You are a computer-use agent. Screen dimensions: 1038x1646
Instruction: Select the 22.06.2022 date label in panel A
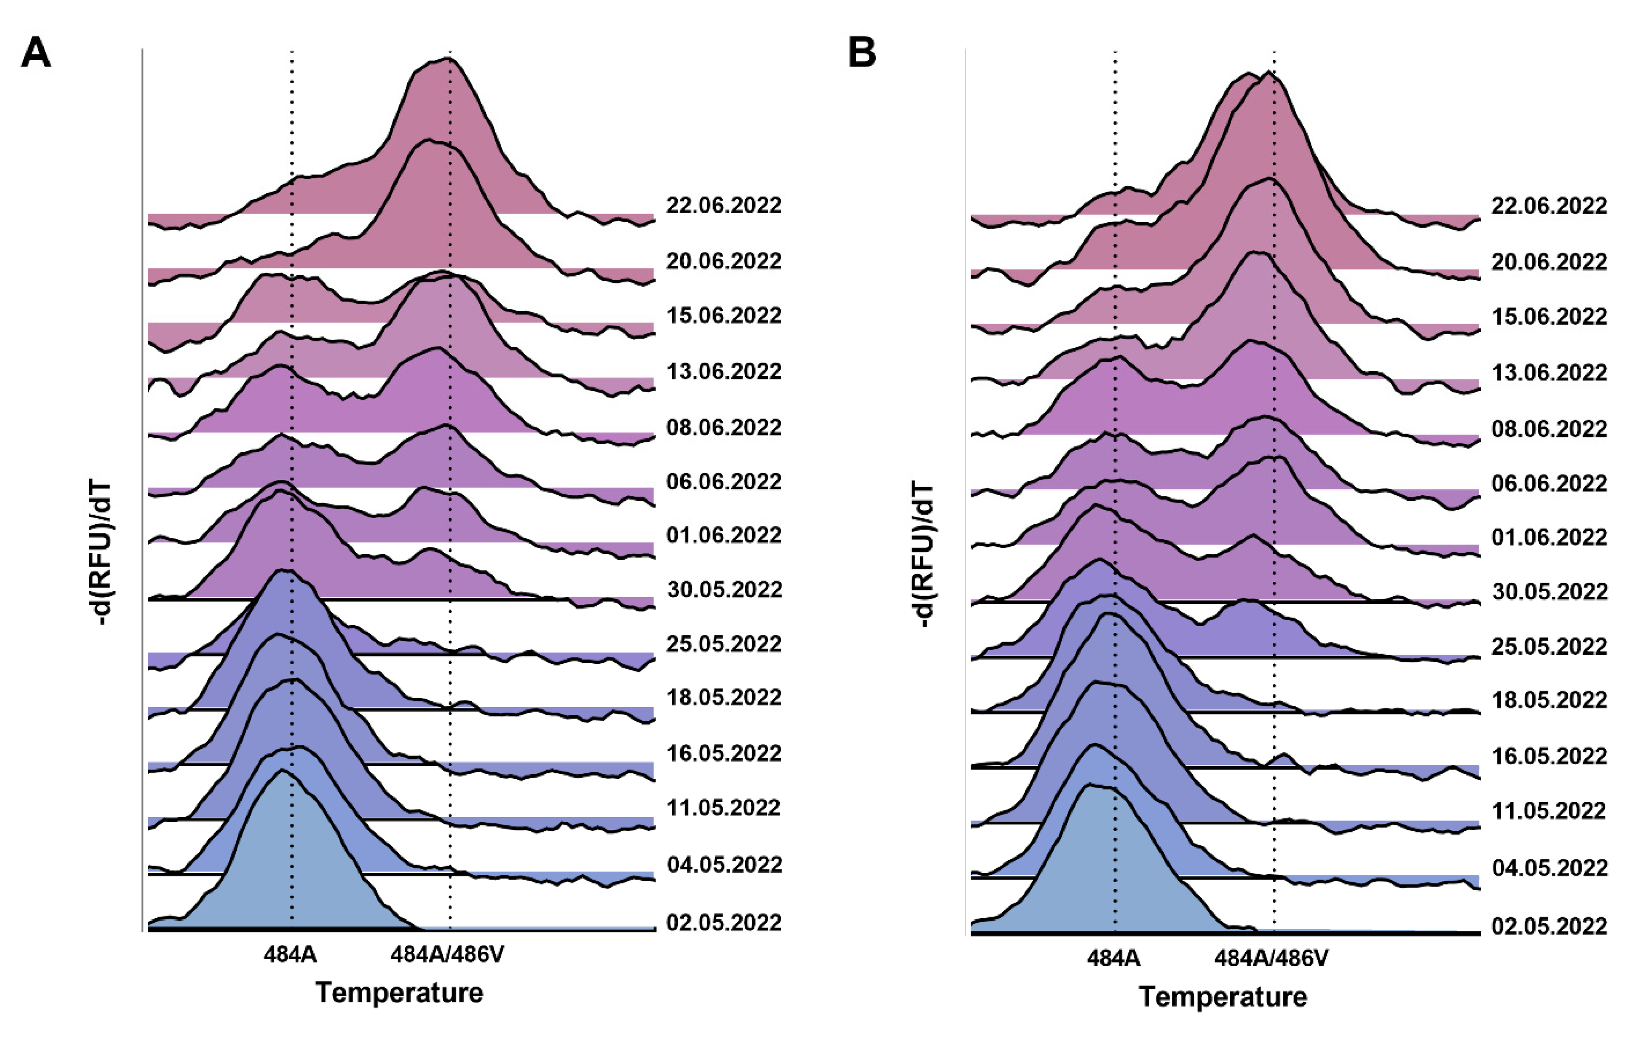point(723,205)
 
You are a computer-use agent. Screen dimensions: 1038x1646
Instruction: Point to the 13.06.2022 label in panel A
point(723,371)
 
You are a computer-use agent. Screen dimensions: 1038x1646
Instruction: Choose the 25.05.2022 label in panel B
point(1549,646)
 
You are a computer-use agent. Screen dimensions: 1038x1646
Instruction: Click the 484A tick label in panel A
point(290,955)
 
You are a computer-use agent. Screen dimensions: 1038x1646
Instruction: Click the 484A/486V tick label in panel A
point(447,955)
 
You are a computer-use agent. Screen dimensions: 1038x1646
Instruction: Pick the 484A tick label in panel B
point(1113,958)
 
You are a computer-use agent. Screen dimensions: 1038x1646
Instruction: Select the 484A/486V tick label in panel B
point(1271,958)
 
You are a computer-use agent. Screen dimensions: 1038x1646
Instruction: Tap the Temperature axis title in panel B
point(1223,996)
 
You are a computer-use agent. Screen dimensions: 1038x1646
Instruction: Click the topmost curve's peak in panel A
point(448,59)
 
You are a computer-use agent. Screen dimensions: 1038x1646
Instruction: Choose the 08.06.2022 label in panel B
point(1549,429)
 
